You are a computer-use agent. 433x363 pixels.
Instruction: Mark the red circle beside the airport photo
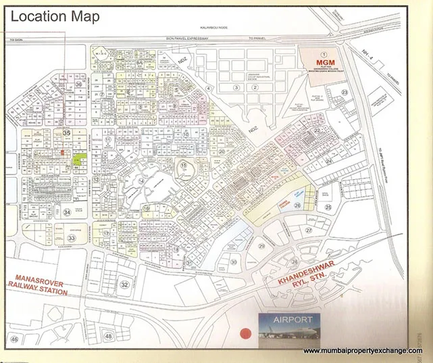pos(245,333)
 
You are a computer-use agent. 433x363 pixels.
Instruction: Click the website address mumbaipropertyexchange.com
pos(366,351)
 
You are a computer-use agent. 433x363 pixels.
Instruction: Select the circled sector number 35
pos(66,134)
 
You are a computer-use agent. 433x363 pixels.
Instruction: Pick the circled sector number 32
pos(124,285)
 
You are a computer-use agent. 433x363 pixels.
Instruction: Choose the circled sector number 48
pos(109,335)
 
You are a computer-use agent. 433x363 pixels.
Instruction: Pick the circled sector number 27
pos(308,230)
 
